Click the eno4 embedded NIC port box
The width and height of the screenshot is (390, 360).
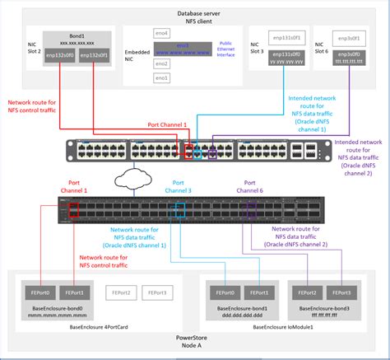click(x=161, y=33)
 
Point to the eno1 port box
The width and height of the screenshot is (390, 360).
click(x=161, y=78)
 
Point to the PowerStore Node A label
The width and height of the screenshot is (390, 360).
click(x=194, y=342)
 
